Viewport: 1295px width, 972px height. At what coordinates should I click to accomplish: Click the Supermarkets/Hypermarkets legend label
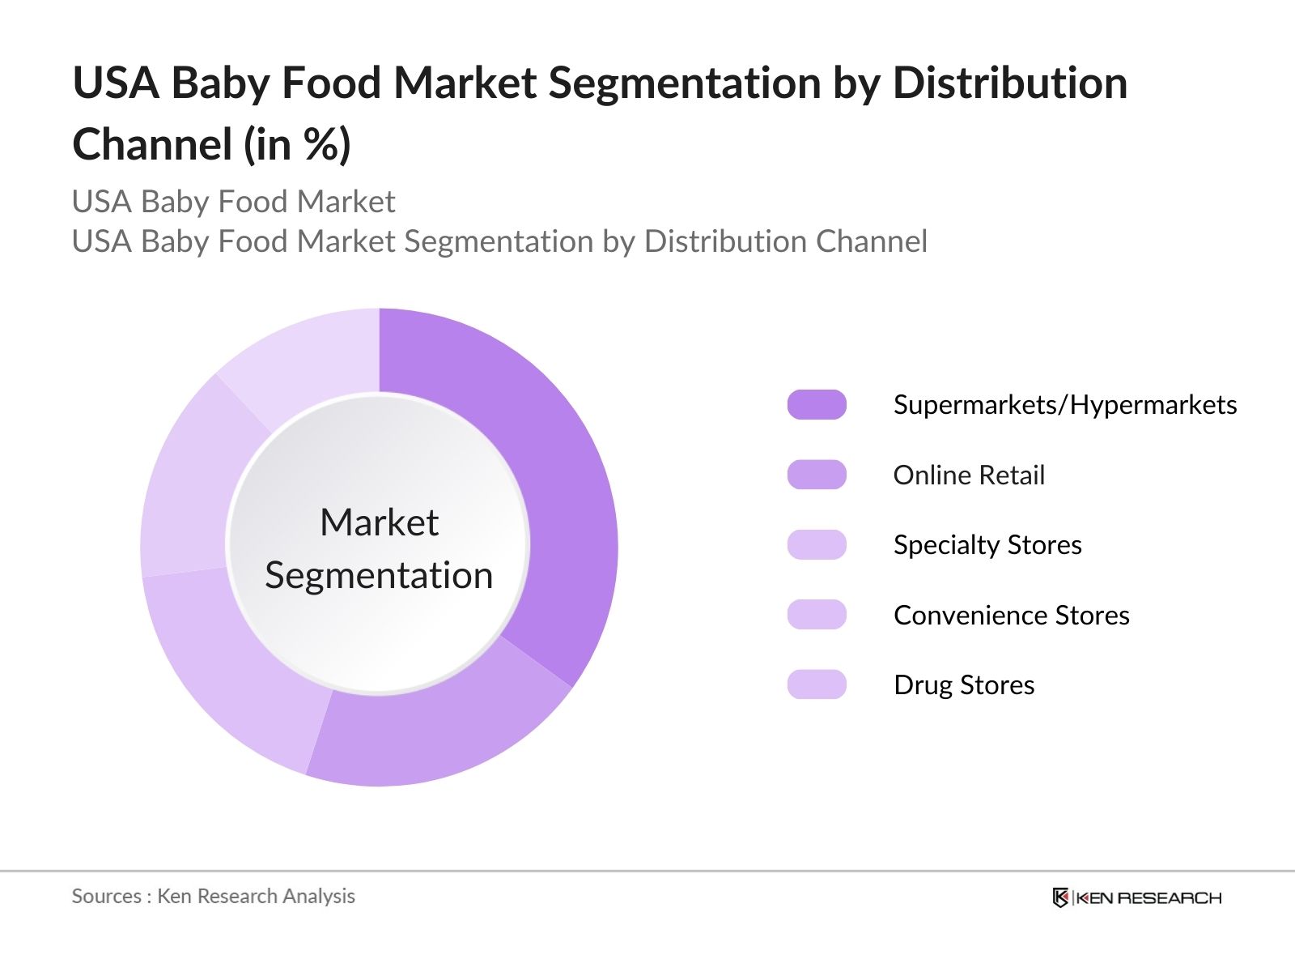coord(1064,405)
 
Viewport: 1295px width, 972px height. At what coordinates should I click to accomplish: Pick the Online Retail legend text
coord(969,475)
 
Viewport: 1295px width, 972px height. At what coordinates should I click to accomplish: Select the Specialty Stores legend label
coord(987,545)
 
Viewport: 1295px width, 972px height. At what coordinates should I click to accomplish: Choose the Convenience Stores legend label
coord(1011,616)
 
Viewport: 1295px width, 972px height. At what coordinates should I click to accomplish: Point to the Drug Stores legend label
coord(964,685)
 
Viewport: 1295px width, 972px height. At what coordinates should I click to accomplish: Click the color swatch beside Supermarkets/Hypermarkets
coord(817,404)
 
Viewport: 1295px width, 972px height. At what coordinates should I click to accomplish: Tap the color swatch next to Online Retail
coord(817,475)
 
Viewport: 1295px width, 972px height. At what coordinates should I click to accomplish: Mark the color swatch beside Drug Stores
coord(817,684)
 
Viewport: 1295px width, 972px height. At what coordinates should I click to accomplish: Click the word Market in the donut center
coord(379,522)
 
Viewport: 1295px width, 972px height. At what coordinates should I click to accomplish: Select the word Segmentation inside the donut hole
coord(379,576)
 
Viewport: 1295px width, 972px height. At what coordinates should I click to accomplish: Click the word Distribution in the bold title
coord(1010,83)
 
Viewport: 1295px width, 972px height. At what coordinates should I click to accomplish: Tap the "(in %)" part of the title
coord(298,145)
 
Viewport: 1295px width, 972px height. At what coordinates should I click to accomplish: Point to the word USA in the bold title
coord(115,83)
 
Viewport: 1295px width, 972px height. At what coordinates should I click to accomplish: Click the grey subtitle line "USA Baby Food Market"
coord(233,202)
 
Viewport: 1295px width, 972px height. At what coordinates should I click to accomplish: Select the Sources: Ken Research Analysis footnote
coord(213,896)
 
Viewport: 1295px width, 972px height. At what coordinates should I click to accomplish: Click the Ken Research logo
coord(1136,897)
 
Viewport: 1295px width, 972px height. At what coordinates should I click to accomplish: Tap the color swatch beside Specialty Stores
coord(817,544)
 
